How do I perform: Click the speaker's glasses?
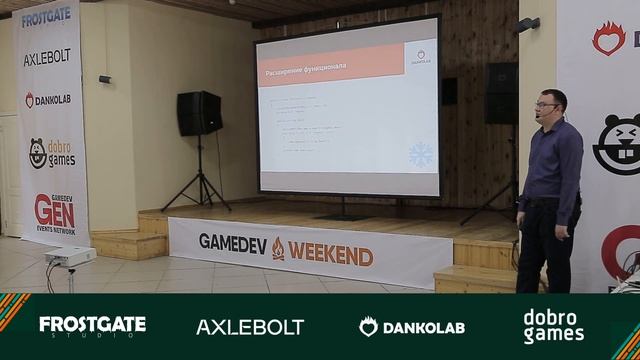pyautogui.click(x=546, y=103)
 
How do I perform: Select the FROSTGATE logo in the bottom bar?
pyautogui.click(x=92, y=325)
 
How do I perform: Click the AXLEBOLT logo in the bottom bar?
pyautogui.click(x=250, y=327)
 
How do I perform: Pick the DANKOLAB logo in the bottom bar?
pyautogui.click(x=412, y=327)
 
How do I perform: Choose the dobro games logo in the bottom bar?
pyautogui.click(x=553, y=326)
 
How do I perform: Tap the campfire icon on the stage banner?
pyautogui.click(x=278, y=249)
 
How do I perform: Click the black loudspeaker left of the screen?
pyautogui.click(x=200, y=113)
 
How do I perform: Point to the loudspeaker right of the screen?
pyautogui.click(x=501, y=93)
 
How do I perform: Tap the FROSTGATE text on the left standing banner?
pyautogui.click(x=47, y=19)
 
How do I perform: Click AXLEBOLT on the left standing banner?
pyautogui.click(x=47, y=58)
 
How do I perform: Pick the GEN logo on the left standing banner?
pyautogui.click(x=54, y=211)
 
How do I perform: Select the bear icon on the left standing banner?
pyautogui.click(x=37, y=153)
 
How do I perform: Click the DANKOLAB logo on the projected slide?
pyautogui.click(x=421, y=57)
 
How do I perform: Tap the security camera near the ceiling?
pyautogui.click(x=528, y=23)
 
